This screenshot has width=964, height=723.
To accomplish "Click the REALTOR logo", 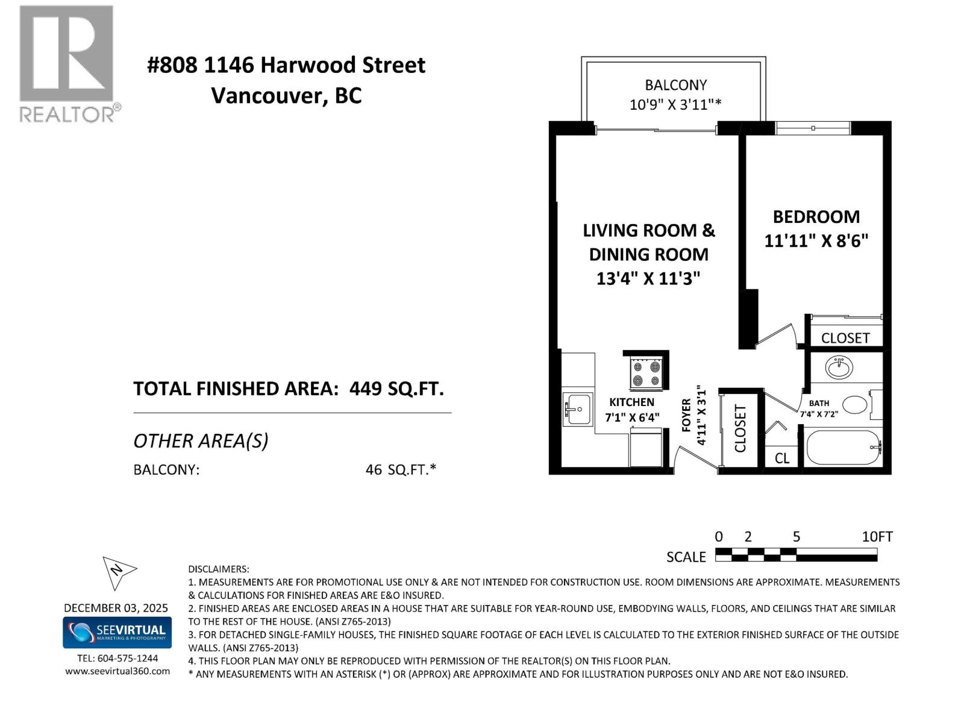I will pos(67,63).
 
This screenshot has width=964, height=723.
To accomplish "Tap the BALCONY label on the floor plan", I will pos(675,85).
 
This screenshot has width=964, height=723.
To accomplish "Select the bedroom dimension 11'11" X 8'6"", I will pos(816,241).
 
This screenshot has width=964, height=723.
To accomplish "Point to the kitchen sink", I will pos(578,409).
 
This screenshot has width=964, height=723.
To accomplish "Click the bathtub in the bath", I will pos(843,448).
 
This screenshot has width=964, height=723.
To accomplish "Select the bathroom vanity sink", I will pos(838,367).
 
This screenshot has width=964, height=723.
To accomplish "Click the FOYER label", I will pos(686,415).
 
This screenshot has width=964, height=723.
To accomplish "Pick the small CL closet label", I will pos(781,459).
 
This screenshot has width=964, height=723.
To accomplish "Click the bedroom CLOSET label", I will pos(845,338).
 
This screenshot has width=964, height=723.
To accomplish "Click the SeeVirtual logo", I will pos(117,632).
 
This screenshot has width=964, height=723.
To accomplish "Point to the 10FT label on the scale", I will pos(877,537).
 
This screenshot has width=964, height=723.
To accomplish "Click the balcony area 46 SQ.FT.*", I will pos(401,469).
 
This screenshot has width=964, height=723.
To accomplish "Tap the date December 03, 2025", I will pos(116,608).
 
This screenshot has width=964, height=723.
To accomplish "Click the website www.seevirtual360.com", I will pos(117,671).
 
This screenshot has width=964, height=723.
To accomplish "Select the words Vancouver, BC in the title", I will pos(286,96).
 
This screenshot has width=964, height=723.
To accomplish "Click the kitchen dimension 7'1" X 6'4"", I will pos(632,417).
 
